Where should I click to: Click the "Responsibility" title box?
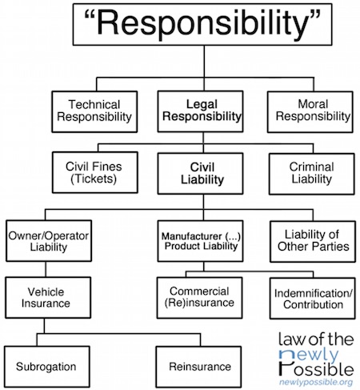(x=202, y=24)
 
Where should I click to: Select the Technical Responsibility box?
(x=94, y=111)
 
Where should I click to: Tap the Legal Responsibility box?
(x=200, y=111)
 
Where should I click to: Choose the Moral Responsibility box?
(x=310, y=112)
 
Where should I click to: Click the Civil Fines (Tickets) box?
(x=95, y=172)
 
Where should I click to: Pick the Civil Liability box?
(x=200, y=173)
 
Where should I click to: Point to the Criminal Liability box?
(x=312, y=174)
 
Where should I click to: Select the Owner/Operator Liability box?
(x=49, y=240)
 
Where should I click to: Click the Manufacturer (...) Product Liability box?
(x=200, y=241)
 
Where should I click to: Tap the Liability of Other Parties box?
(x=313, y=241)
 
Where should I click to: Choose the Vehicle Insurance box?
(x=48, y=297)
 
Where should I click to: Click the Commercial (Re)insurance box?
(x=200, y=298)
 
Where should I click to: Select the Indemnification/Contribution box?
(x=313, y=299)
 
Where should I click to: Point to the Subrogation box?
(x=47, y=367)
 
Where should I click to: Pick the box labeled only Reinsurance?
(x=198, y=367)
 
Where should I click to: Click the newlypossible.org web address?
(x=316, y=382)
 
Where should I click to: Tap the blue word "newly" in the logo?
(x=309, y=355)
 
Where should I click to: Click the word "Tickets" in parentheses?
(x=94, y=179)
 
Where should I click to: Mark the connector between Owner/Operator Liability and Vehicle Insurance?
(x=46, y=269)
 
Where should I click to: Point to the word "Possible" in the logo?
(x=317, y=369)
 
